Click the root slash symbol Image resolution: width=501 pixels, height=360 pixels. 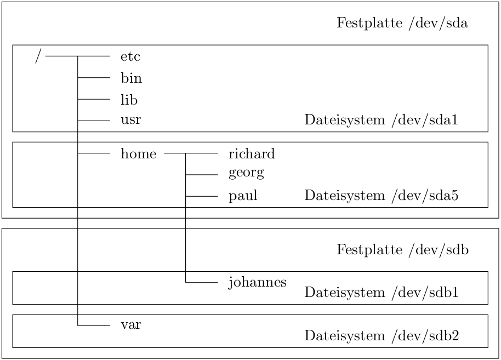37,56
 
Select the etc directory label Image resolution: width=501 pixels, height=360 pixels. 130,56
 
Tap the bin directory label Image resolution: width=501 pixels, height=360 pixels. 131,78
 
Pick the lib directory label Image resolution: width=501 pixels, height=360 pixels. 129,100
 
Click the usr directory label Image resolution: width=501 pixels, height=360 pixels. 130,120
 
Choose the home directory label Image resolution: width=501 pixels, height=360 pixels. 138,154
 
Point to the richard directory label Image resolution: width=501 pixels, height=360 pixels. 252,154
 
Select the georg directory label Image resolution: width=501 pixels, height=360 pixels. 246,174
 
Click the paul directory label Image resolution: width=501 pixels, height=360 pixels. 243,196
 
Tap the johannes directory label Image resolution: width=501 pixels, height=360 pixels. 257,282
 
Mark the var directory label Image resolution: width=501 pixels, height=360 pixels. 130,324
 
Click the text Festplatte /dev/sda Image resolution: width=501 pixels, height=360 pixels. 402,24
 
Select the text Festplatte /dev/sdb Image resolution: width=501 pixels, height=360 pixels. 402,250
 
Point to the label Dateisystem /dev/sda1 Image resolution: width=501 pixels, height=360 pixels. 381,121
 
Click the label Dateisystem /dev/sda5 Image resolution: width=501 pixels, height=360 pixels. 381,196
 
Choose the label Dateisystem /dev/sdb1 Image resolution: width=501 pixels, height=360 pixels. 381,293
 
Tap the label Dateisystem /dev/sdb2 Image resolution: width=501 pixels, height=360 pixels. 381,335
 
